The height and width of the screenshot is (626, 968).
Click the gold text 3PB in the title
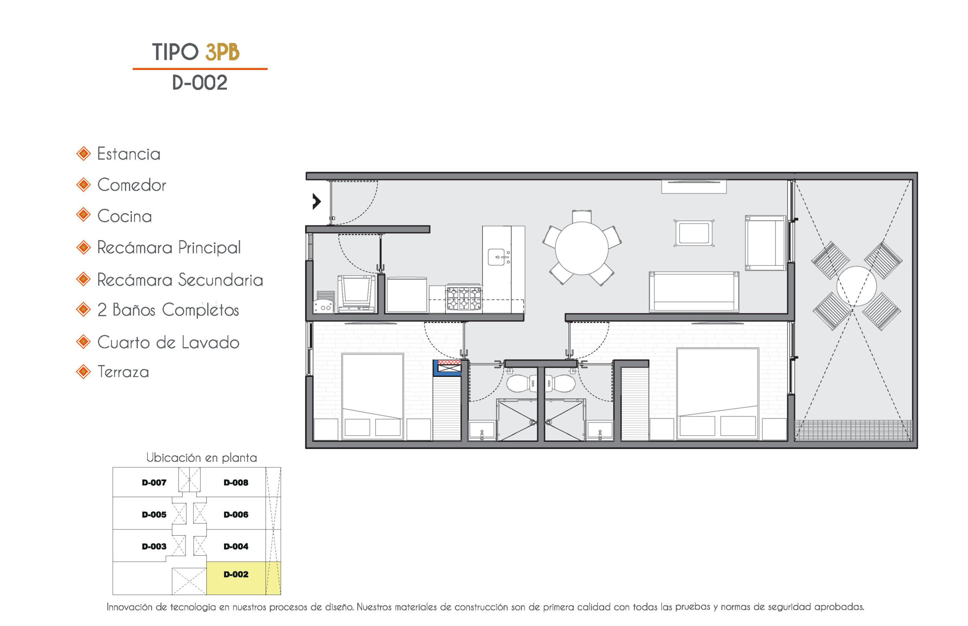[222, 52]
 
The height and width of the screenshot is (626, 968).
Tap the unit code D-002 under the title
[200, 82]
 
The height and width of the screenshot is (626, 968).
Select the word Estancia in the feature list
[129, 154]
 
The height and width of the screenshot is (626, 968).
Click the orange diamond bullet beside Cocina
[83, 215]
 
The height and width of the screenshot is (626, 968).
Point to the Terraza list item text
[123, 372]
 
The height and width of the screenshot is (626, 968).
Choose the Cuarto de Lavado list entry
[168, 342]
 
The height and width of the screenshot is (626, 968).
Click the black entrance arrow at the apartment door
[317, 201]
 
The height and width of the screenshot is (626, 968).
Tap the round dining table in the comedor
[582, 248]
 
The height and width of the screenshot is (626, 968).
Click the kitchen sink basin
[497, 257]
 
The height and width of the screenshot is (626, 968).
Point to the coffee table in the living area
[694, 233]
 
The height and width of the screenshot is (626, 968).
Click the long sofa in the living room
[694, 292]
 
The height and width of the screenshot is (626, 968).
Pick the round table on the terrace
[856, 286]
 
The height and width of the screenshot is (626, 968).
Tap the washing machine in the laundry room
[357, 294]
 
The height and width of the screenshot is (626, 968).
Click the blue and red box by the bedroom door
[447, 368]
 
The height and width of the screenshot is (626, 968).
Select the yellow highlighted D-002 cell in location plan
[243, 578]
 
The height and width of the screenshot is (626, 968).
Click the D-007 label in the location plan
[154, 482]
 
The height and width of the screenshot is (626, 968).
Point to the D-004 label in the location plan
[236, 546]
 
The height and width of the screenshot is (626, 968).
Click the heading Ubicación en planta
[201, 458]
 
